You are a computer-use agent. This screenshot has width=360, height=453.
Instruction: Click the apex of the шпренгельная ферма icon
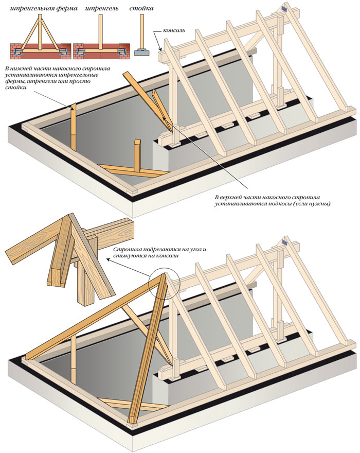click(40, 16)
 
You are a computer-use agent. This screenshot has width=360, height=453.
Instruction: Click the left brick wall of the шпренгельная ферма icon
click(16, 49)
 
